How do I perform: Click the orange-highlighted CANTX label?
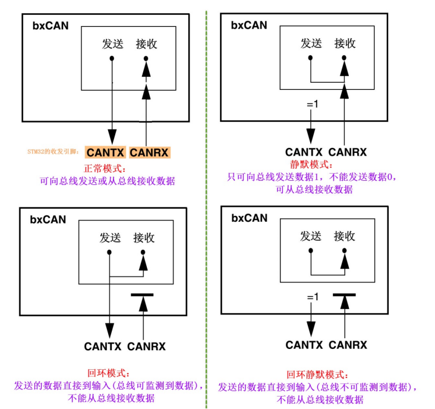[105, 152]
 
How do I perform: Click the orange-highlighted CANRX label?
[150, 152]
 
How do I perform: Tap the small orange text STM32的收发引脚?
[53, 152]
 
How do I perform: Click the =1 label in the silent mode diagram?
[313, 105]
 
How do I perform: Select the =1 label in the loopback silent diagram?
[313, 297]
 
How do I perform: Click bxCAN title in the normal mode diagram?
[50, 26]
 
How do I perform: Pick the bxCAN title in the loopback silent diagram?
[249, 218]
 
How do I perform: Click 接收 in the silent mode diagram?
[345, 43]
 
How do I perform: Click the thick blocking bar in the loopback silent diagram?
[344, 294]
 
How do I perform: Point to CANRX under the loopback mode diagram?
[146, 346]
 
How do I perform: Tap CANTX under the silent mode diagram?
[304, 152]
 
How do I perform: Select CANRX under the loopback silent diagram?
[348, 345]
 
